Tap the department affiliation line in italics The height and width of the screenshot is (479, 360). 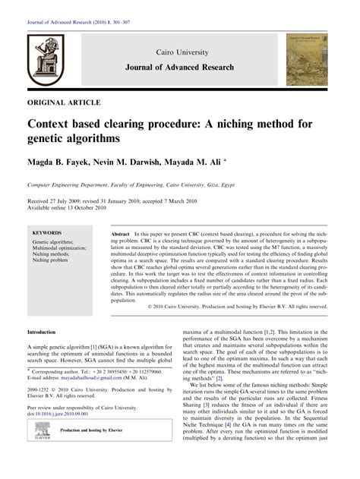click(x=141, y=184)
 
